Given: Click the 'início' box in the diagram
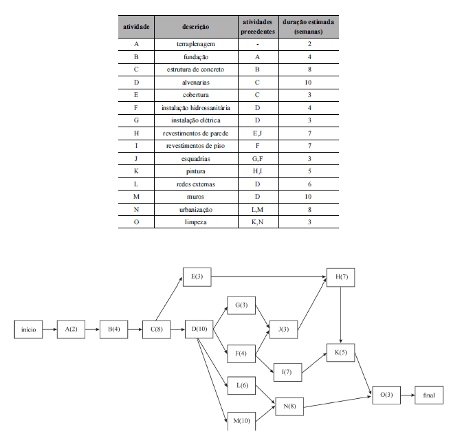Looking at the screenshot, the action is (28, 329).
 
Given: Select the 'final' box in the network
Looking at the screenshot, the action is (429, 395).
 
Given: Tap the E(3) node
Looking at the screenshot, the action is (197, 277).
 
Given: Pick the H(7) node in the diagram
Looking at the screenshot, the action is (340, 277).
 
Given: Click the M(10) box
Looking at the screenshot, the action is (241, 421).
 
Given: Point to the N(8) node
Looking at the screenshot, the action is (289, 406).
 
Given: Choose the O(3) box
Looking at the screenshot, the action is (386, 395).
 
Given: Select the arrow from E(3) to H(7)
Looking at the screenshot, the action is (269, 277).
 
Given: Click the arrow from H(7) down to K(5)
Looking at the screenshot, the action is (340, 315).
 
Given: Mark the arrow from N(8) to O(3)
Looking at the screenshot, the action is (338, 402).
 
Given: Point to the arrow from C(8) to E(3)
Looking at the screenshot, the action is (169, 299).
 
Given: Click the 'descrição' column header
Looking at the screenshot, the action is (195, 27).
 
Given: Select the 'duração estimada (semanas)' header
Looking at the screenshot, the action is (308, 27).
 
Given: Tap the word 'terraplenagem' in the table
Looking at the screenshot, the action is (195, 44).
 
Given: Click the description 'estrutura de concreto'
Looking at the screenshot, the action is (195, 69).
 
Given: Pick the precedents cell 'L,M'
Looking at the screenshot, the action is (257, 210).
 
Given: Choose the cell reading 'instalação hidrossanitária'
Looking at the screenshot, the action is (195, 108).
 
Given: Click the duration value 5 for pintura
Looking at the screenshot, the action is (309, 171).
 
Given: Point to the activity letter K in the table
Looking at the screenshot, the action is (136, 171).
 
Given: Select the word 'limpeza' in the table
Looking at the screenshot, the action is (195, 222).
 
